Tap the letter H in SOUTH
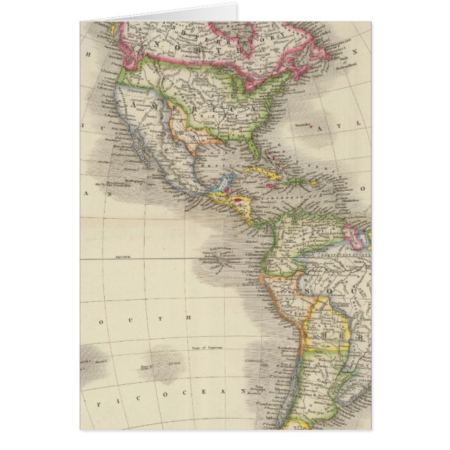click(x=189, y=316)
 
